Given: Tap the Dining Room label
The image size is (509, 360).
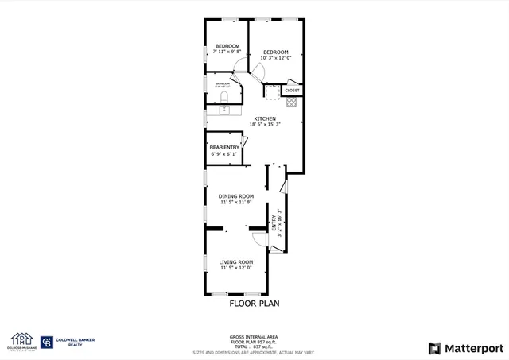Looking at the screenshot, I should point(236,196).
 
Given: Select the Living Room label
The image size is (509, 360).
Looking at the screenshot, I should point(236,262).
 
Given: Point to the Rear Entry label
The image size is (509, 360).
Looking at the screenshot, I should point(224,148).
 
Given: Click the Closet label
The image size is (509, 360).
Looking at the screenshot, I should point(292,91).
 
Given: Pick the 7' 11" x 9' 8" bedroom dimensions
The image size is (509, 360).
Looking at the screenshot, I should point(227,52).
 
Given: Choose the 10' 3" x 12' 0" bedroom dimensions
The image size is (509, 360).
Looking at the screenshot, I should point(276,58).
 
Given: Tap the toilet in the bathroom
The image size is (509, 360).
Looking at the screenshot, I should point(224,98).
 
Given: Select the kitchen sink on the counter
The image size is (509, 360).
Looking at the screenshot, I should point(224,110).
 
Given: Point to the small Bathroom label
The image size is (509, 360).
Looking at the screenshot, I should point(223,83).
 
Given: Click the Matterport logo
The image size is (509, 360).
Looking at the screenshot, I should point(466,347).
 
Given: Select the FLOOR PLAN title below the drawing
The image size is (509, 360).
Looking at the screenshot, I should point(254,302).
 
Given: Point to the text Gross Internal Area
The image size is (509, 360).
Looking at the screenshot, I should point(254,337).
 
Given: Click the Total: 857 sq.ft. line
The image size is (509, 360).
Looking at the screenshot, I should point(254,346).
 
